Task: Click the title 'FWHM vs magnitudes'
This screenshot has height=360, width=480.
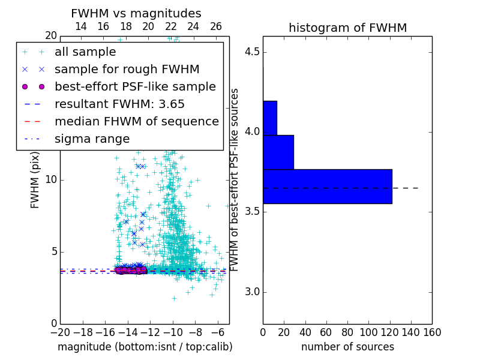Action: [x=136, y=13]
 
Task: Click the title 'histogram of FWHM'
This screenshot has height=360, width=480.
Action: [x=347, y=28]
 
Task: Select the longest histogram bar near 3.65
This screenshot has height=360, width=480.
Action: [x=327, y=187]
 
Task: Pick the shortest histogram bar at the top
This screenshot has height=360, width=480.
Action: [x=270, y=118]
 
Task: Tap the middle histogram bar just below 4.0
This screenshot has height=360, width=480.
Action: [x=278, y=152]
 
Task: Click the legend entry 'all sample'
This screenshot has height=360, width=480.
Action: [x=85, y=52]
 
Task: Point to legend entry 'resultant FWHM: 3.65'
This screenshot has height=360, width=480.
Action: [x=119, y=104]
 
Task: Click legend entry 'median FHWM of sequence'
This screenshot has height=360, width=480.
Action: [x=136, y=121]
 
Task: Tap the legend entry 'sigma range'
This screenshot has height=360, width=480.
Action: [x=92, y=139]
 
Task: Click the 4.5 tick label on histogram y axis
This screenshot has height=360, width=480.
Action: [x=253, y=52]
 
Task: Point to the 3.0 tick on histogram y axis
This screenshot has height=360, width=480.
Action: [x=253, y=292]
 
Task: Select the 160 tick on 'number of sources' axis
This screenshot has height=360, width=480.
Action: [x=431, y=332]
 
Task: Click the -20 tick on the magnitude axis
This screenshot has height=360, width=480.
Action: [x=60, y=332]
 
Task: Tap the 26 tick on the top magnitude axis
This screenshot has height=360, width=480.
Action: [x=216, y=26]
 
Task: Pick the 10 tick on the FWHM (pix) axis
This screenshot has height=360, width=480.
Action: [x=50, y=179]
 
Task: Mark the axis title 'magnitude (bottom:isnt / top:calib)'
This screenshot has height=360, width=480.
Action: [x=145, y=347]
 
